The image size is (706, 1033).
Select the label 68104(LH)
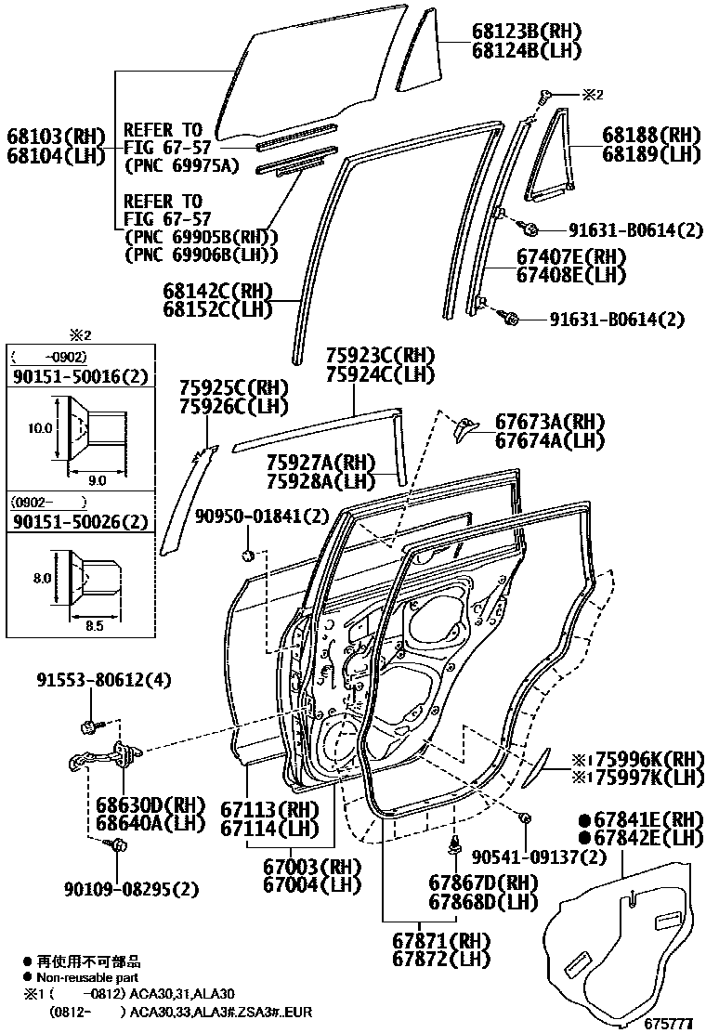56,155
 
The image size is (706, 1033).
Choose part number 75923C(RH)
379,356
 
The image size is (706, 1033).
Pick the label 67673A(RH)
550,421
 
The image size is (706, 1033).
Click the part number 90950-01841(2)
262,516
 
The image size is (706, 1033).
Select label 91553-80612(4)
104,680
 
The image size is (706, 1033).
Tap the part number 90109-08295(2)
131,889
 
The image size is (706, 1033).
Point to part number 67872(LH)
440,959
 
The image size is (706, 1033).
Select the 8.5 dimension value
96,626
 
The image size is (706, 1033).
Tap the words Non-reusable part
87,977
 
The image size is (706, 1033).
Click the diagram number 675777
669,1024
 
